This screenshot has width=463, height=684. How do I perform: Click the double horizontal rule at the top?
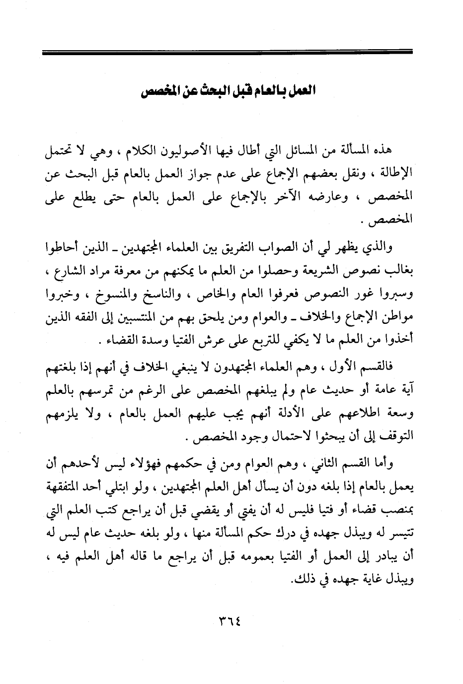(x=228, y=52)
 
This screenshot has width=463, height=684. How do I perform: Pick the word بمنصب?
(x=399, y=511)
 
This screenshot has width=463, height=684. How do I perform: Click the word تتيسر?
(x=402, y=534)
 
